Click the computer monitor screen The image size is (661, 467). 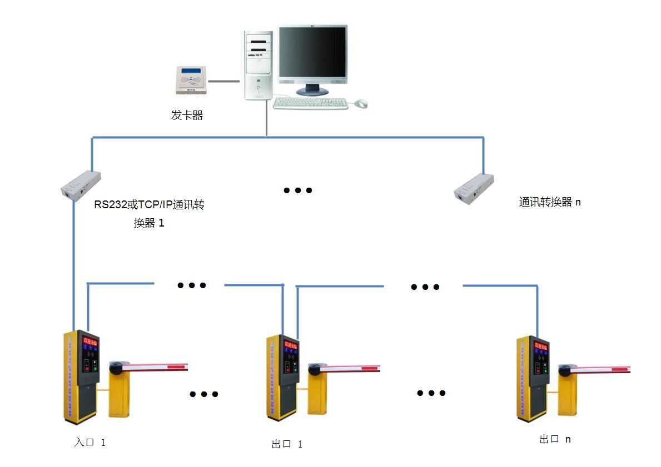312,54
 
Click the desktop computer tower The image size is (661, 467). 259,66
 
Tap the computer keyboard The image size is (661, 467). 310,103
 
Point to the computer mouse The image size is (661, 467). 361,103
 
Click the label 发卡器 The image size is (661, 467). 187,116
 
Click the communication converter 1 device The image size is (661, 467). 81,184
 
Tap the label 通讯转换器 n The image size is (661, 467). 549,202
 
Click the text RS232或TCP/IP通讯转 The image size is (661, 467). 149,205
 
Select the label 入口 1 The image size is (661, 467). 90,443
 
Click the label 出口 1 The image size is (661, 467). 287,444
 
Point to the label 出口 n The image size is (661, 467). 554,439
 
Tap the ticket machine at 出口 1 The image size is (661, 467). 283,378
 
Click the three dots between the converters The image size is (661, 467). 298,190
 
